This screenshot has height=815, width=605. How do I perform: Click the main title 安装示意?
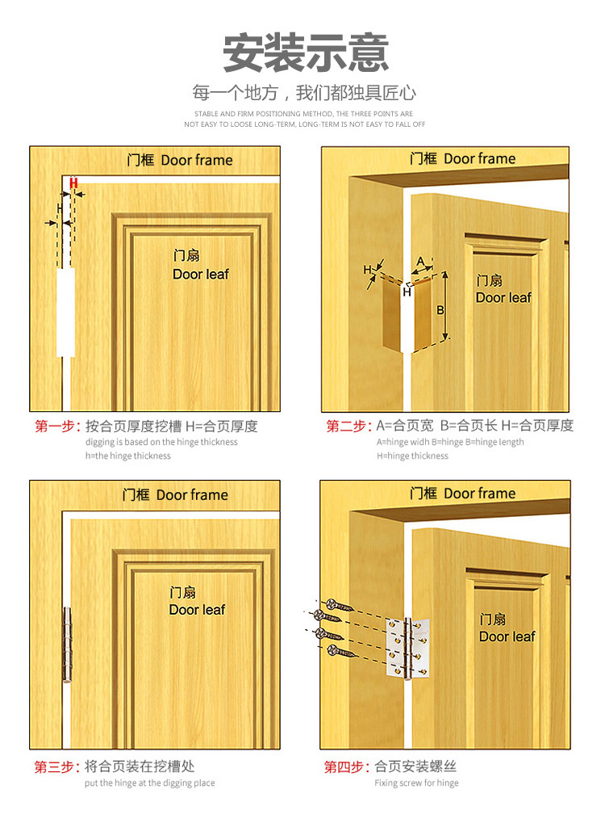click(x=306, y=53)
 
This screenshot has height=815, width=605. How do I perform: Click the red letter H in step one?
click(x=73, y=183)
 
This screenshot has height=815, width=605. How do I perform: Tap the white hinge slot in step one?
click(x=65, y=312)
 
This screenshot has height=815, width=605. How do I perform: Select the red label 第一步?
click(x=57, y=426)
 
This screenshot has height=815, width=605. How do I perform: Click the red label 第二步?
click(x=348, y=426)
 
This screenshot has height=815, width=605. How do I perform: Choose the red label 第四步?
click(x=347, y=767)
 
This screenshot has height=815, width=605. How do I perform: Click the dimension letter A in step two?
click(x=421, y=261)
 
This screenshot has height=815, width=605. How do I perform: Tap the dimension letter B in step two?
click(x=440, y=310)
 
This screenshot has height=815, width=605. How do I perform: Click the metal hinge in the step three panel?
click(x=68, y=644)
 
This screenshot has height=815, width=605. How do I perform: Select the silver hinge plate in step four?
click(x=408, y=648)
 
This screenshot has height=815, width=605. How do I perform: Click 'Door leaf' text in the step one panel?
click(x=200, y=274)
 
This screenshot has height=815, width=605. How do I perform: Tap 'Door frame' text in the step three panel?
click(x=192, y=495)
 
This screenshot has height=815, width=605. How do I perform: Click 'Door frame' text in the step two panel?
click(x=479, y=158)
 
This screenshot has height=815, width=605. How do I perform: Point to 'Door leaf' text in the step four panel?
click(x=507, y=636)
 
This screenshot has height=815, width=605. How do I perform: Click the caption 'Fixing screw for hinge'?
click(x=417, y=783)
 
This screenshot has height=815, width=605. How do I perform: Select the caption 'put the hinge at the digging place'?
click(x=149, y=783)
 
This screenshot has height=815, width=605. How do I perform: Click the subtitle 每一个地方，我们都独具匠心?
click(x=304, y=93)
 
